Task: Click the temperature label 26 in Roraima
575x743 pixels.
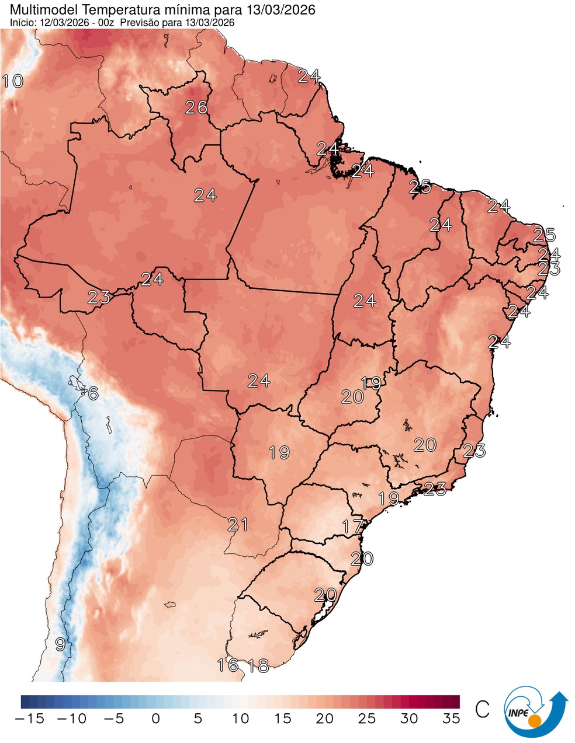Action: click(x=196, y=107)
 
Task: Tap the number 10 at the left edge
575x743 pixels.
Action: click(x=12, y=81)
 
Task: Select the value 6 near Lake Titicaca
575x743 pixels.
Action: click(x=93, y=393)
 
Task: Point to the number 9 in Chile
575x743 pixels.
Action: click(x=60, y=645)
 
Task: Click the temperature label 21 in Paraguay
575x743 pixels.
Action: click(x=238, y=524)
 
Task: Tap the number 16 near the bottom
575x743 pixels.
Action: click(x=227, y=665)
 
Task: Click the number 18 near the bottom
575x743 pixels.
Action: click(x=258, y=665)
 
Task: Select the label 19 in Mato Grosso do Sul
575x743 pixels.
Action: click(x=279, y=452)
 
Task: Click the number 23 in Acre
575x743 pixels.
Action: click(x=99, y=298)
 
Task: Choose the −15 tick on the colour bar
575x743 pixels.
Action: click(x=29, y=718)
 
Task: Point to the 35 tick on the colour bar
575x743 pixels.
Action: click(x=451, y=718)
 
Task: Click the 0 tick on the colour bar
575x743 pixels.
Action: click(x=155, y=718)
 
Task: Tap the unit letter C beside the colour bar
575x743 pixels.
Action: click(x=482, y=710)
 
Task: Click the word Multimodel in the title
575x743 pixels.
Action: click(x=39, y=10)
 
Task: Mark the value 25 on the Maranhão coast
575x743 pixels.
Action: click(x=420, y=187)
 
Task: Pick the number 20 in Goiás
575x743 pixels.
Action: click(x=352, y=397)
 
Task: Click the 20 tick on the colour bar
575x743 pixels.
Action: click(x=325, y=718)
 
